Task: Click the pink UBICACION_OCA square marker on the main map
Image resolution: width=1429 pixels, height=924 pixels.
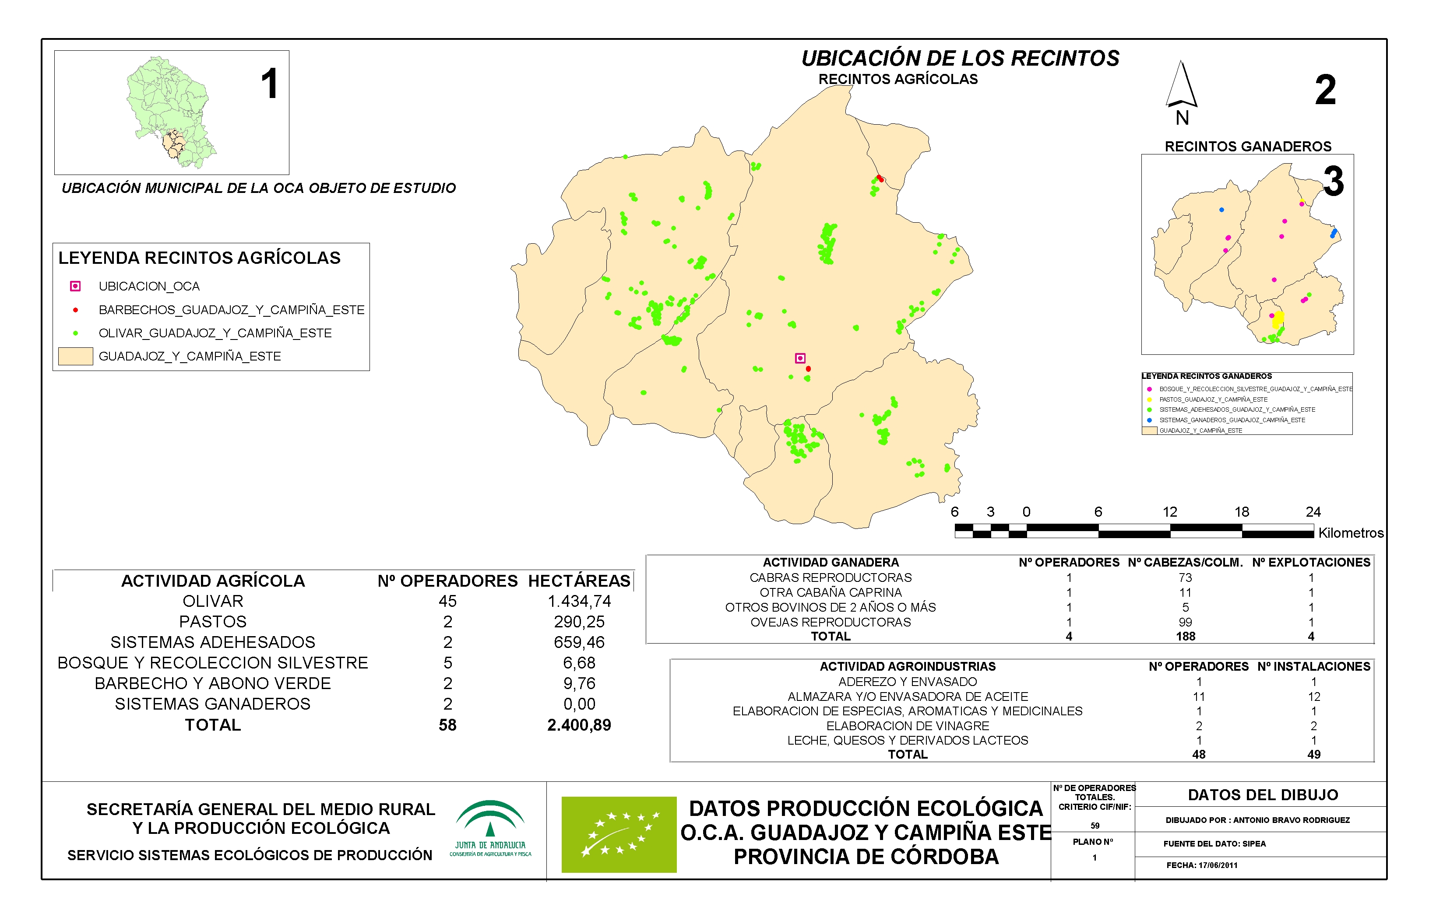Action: pos(800,358)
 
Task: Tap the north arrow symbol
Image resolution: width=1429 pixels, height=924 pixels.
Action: pos(1181,87)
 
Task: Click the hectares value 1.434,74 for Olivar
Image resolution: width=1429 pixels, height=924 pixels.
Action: pos(579,601)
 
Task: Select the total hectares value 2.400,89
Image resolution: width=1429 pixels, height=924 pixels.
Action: pos(579,725)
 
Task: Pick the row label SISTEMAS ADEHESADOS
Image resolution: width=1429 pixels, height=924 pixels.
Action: pos(212,642)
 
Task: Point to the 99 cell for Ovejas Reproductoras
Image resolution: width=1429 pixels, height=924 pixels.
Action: pos(1185,622)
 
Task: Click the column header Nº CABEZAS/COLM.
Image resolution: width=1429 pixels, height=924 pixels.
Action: pos(1185,562)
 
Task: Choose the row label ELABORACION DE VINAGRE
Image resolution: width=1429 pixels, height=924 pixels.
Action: pos(907,725)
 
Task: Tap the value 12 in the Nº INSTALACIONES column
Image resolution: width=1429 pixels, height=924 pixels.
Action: pos(1314,696)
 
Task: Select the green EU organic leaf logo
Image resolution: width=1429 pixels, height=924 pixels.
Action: pos(619,834)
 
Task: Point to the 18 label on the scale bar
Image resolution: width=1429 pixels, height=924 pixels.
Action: pos(1242,512)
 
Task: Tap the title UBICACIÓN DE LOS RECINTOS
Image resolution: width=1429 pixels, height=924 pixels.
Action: pos(960,58)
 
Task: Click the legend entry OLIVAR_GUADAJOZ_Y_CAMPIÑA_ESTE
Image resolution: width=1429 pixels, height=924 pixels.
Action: pos(215,333)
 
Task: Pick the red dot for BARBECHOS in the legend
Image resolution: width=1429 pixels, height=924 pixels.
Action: pos(75,310)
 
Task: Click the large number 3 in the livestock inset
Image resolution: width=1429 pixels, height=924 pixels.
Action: pos(1334,181)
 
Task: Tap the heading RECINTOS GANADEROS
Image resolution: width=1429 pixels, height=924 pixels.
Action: pos(1248,147)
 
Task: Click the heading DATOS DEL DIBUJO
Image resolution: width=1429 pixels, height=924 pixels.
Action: pos(1263,795)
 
